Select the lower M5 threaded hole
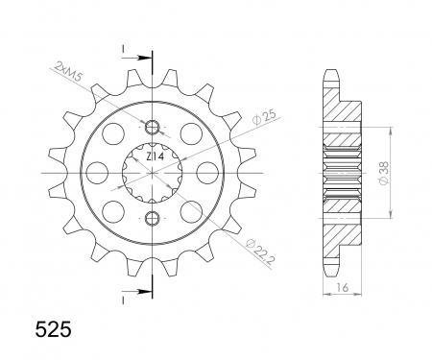(x=152, y=217)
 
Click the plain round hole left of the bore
(x=99, y=172)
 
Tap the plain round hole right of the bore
(x=204, y=172)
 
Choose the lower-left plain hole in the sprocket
(x=115, y=209)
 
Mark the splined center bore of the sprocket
(x=152, y=172)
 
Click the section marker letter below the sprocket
(x=123, y=297)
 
